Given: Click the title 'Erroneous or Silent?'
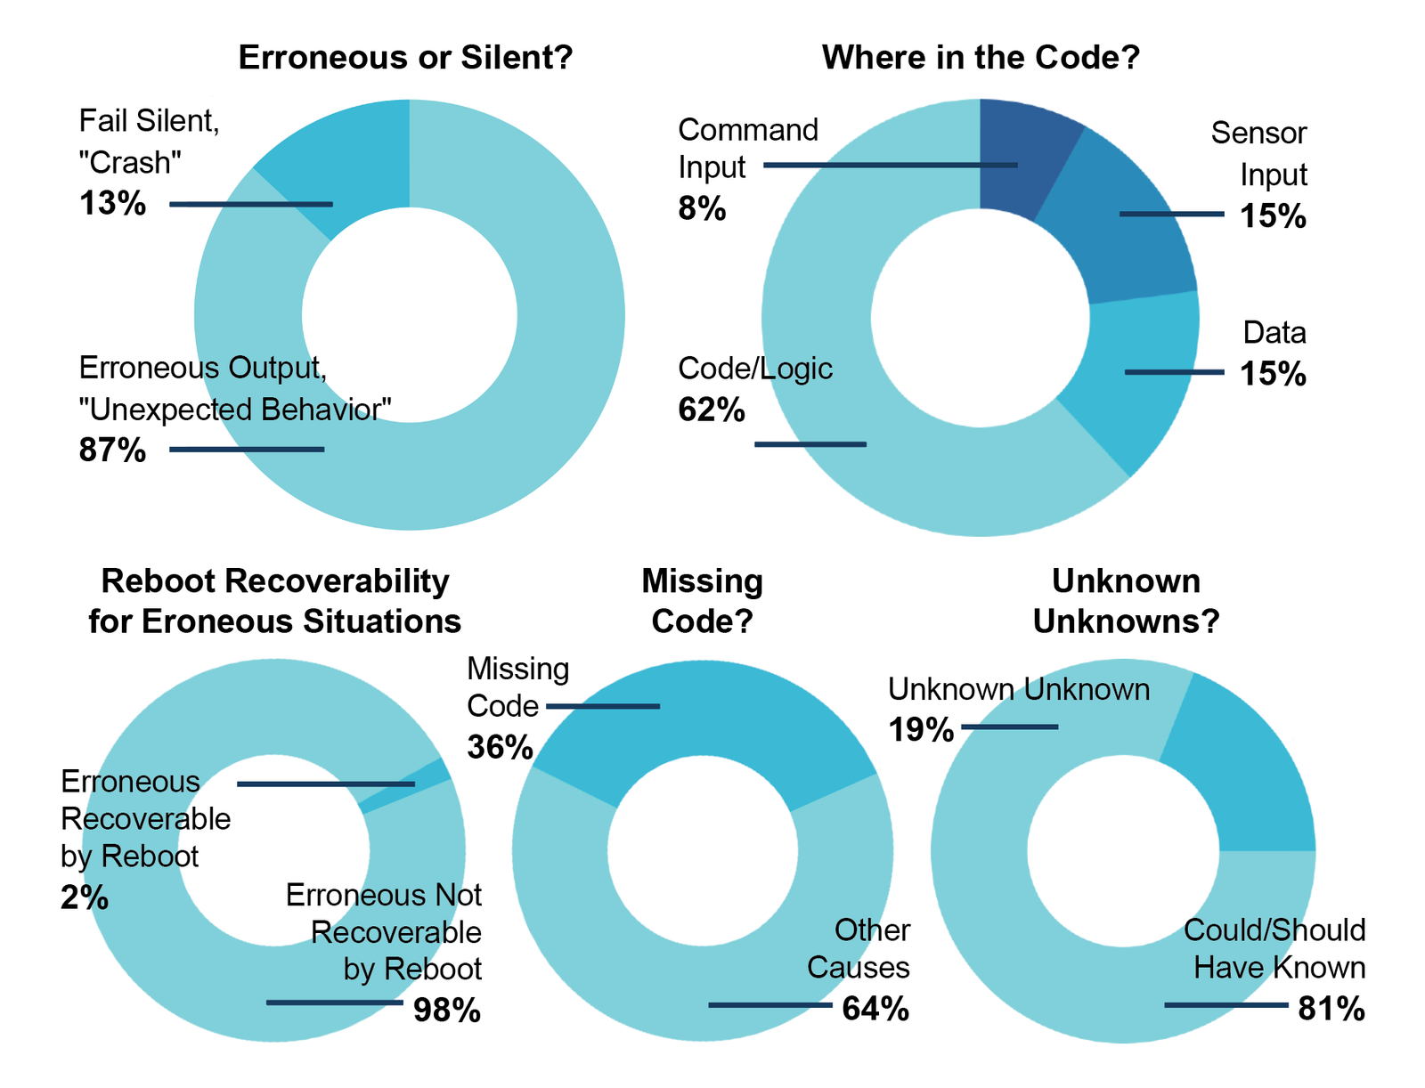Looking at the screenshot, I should click(405, 58).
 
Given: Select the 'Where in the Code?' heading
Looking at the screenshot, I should click(981, 58).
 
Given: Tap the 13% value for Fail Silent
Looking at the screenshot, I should click(112, 204).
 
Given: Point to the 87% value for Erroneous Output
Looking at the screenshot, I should click(112, 450).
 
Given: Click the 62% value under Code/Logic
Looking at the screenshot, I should click(712, 410).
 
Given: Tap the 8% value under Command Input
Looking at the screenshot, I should click(702, 209).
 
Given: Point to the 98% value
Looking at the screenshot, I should click(447, 1011).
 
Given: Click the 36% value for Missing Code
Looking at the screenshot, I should click(500, 747).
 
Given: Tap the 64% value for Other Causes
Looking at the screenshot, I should click(875, 1009).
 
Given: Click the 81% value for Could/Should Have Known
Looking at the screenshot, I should click(1331, 1009).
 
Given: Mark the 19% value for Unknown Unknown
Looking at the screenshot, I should click(921, 731).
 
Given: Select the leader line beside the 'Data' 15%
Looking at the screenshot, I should click(1174, 372).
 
